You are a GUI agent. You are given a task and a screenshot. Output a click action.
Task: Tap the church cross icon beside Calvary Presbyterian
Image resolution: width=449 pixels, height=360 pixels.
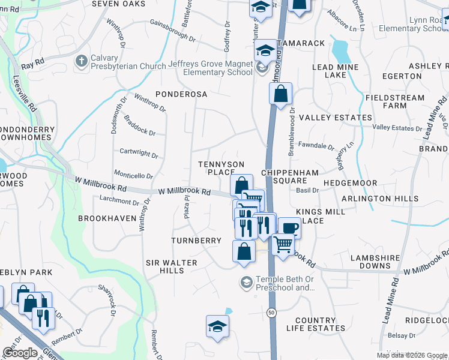(81, 61)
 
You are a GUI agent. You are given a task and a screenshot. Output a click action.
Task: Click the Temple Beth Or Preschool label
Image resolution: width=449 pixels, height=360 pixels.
(285, 283)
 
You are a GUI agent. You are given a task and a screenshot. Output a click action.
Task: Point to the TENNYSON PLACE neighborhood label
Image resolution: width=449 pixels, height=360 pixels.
(221, 168)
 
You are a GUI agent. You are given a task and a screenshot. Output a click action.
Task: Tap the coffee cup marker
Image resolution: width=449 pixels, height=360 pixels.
(289, 228)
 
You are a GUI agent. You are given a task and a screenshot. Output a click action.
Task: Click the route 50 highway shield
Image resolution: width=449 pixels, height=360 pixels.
(272, 313)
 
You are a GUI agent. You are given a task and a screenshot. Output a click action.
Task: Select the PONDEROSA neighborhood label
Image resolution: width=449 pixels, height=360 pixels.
(181, 94)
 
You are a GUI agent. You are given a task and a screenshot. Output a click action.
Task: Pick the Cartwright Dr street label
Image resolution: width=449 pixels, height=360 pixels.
(139, 154)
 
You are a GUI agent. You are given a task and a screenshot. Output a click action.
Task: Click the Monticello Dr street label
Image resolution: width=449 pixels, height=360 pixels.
(134, 176)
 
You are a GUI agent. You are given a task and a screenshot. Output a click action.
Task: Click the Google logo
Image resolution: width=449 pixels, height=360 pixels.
(19, 353)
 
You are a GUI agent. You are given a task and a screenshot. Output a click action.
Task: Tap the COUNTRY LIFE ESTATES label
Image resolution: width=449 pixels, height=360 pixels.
(316, 324)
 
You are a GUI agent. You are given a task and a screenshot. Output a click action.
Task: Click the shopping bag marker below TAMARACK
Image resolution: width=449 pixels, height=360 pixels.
(280, 94)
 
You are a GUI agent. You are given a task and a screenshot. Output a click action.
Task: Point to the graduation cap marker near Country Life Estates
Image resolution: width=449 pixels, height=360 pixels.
(217, 326)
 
